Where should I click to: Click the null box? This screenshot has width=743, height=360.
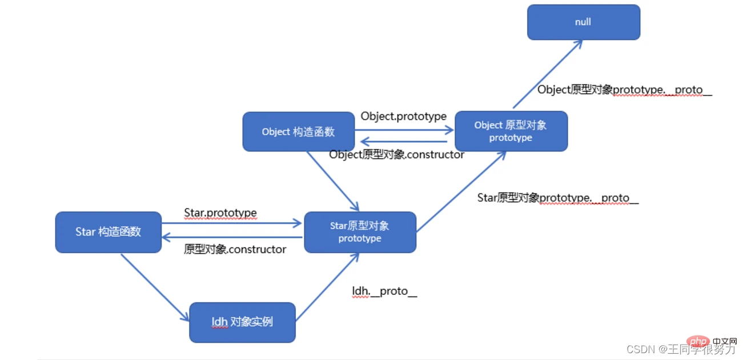coord(583,22)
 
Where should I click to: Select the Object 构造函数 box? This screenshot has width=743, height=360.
coord(298,131)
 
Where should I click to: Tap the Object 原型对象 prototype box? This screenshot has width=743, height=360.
coord(511,131)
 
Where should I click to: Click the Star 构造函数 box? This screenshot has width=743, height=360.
coord(108,232)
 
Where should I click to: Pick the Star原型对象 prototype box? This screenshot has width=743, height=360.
coord(360,232)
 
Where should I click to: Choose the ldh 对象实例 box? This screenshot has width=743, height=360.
coord(242,322)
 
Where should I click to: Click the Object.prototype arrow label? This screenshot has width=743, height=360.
coord(403,116)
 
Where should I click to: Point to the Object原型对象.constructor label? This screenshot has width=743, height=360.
coord(396,154)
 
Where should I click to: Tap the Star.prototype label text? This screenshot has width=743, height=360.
coord(220,213)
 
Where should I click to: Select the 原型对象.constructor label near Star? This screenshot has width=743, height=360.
coord(235,249)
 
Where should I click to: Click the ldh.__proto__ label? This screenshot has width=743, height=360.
coord(384,291)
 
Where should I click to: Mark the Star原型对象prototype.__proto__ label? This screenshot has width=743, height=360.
coord(557,198)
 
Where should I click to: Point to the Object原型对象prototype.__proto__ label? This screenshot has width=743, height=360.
coord(624,90)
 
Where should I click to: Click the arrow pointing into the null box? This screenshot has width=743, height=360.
coord(547,74)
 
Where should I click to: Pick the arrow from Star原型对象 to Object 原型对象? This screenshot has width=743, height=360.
coord(461,192)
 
